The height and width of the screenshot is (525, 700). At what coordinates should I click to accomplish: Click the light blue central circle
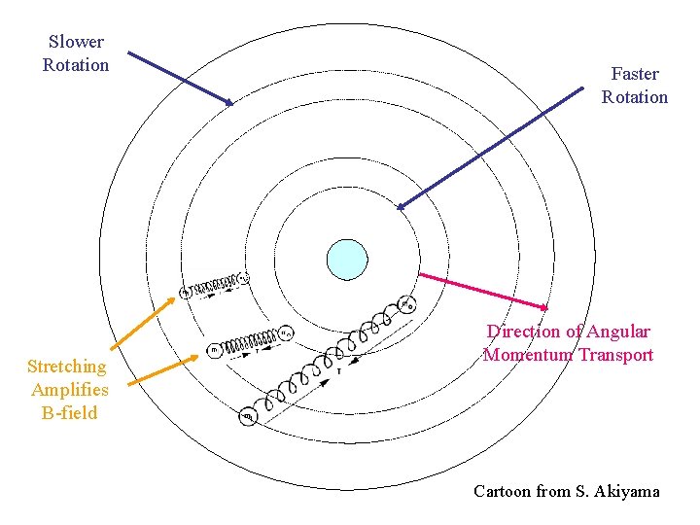pyautogui.click(x=347, y=260)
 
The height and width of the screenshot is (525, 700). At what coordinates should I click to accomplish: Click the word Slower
pyautogui.click(x=76, y=42)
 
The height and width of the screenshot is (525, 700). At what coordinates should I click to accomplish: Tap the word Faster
pyautogui.click(x=635, y=74)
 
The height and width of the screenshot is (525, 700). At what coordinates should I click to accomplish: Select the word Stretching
pyautogui.click(x=67, y=367)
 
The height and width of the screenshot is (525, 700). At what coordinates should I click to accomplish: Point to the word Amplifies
pyautogui.click(x=70, y=390)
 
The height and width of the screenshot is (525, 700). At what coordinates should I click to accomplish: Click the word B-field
pyautogui.click(x=70, y=413)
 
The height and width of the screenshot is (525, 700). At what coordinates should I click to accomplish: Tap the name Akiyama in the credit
pyautogui.click(x=623, y=491)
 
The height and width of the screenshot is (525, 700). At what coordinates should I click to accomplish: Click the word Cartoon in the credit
pyautogui.click(x=502, y=491)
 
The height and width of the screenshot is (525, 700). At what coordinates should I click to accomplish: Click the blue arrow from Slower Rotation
pyautogui.click(x=181, y=78)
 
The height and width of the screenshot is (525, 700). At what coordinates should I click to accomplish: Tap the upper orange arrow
pyautogui.click(x=146, y=316)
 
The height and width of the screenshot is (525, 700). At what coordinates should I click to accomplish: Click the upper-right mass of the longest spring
pyautogui.click(x=407, y=304)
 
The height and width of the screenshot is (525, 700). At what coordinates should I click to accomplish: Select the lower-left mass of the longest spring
pyautogui.click(x=249, y=416)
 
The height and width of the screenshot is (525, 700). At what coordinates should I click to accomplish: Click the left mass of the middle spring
pyautogui.click(x=215, y=349)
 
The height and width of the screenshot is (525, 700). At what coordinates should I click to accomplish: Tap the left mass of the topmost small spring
pyautogui.click(x=187, y=292)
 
